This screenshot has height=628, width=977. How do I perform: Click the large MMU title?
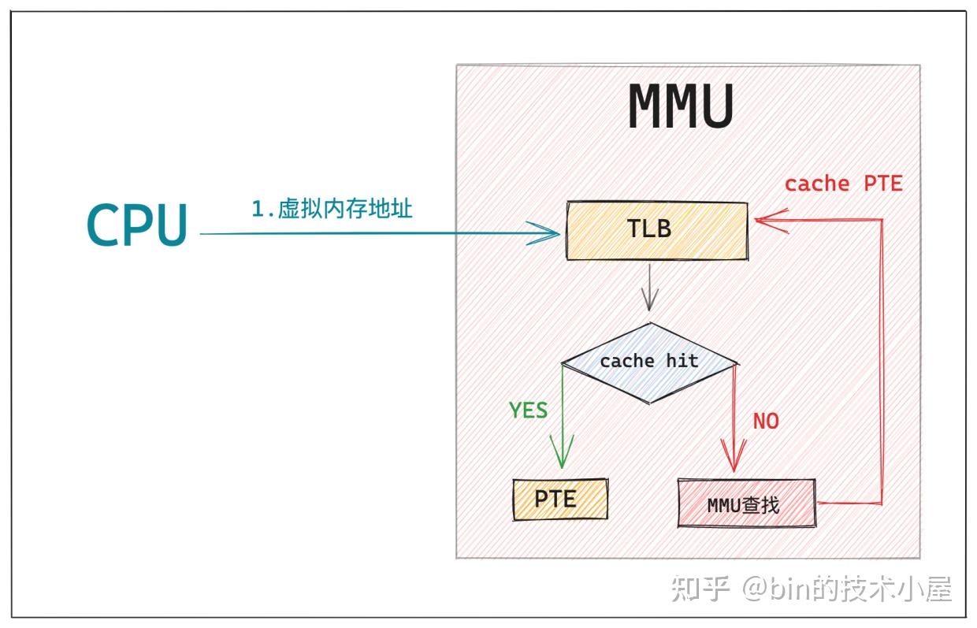pos(682,107)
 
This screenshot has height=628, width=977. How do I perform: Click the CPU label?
pos(138,225)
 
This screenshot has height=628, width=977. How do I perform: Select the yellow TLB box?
pos(657,230)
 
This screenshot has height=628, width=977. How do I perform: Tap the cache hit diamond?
pos(649,362)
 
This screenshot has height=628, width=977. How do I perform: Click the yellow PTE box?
pos(559,499)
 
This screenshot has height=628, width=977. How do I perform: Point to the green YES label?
pos(528,411)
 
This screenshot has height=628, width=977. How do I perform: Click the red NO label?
pos(766,422)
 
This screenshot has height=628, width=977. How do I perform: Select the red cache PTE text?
pos(843,184)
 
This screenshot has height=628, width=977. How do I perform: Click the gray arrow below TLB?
pos(649,288)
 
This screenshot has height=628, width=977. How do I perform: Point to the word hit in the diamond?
pos(682,361)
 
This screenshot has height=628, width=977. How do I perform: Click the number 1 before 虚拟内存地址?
pos(258,210)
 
